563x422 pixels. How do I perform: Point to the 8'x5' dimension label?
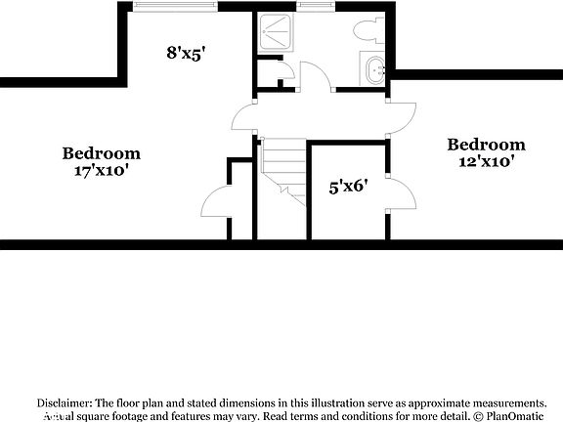[185, 55]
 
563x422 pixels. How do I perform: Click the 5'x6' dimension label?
[347, 186]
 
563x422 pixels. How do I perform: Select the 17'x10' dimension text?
[101, 170]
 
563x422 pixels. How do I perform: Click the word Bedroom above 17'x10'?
[101, 152]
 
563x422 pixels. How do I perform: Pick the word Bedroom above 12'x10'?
[485, 145]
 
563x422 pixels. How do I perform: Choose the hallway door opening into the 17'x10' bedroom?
[242, 119]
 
